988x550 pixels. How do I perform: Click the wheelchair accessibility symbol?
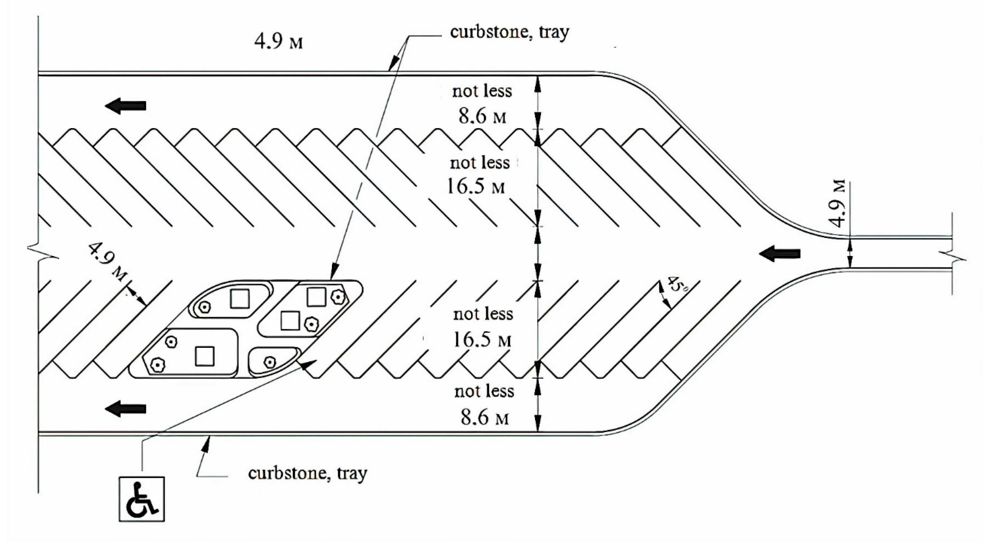click(x=142, y=499)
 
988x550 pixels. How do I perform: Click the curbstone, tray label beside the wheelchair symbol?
click(x=308, y=473)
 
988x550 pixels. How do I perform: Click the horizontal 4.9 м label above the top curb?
click(x=278, y=42)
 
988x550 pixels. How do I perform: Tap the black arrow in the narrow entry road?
click(x=780, y=254)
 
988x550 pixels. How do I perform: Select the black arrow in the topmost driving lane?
click(x=126, y=105)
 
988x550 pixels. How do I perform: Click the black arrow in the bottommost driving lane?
click(x=126, y=409)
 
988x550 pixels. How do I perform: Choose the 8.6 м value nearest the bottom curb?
click(x=485, y=417)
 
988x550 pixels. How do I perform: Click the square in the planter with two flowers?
click(x=205, y=356)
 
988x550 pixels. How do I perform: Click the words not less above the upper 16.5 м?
click(x=480, y=163)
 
